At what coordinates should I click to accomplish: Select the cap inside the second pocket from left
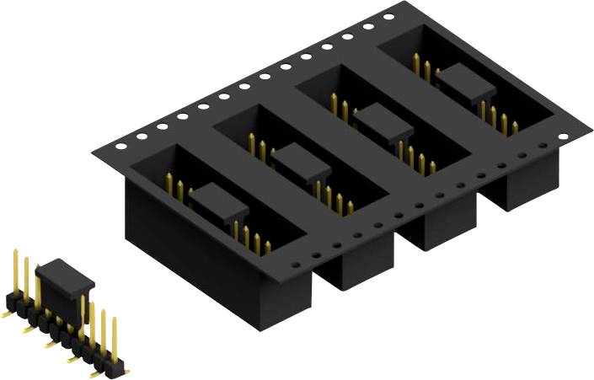coord(300,159)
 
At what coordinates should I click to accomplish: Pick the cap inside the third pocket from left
coord(383,121)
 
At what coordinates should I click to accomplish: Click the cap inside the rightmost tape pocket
coord(465,82)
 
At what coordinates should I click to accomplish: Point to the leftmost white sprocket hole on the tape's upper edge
coord(120,146)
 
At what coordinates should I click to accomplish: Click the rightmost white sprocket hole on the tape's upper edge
coord(388,16)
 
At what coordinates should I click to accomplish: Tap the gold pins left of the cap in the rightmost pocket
coord(420,67)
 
